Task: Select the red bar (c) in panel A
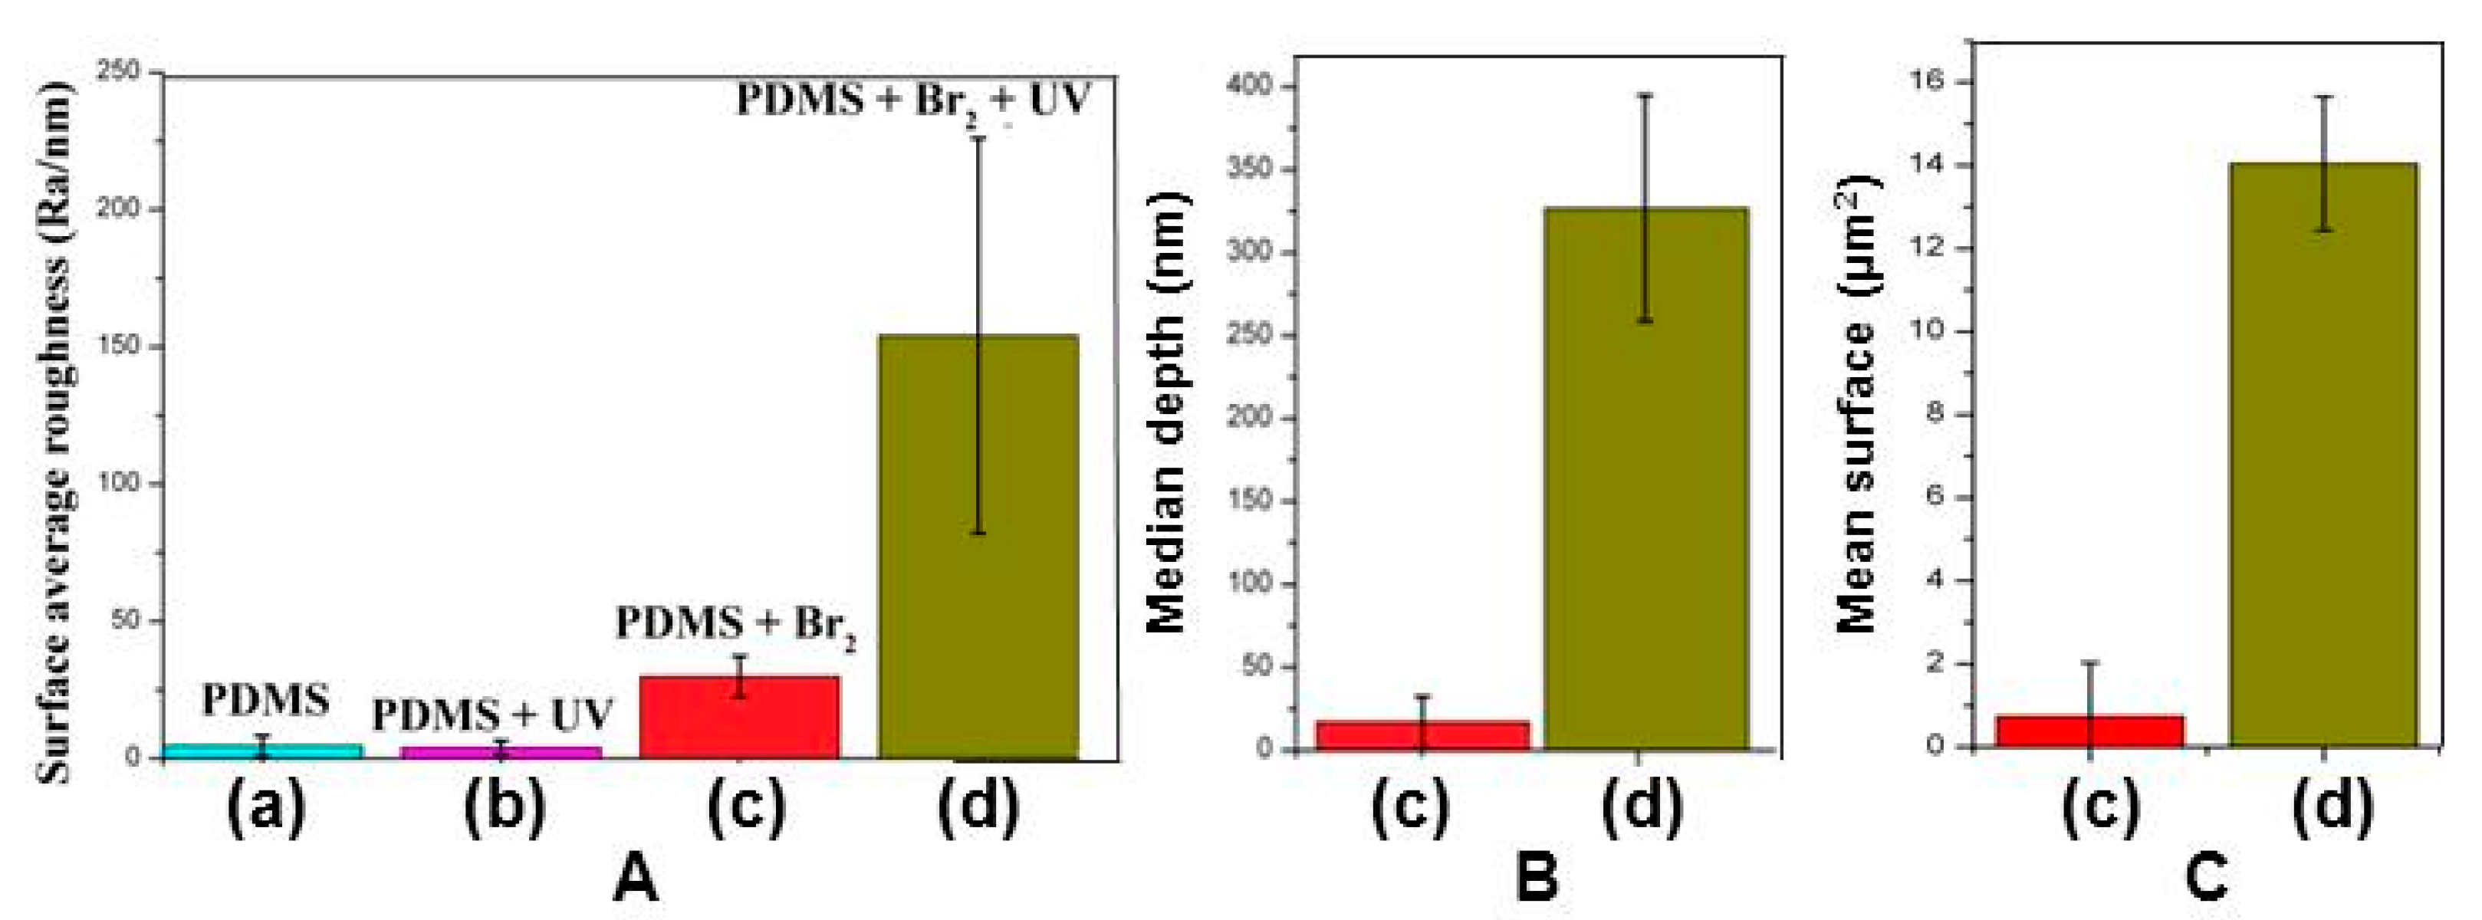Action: click(739, 717)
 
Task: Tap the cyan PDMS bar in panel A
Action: click(262, 751)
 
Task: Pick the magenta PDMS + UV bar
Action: click(501, 752)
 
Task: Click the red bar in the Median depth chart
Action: click(1422, 735)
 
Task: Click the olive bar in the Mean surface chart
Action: click(2324, 453)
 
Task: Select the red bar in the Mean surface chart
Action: click(2089, 730)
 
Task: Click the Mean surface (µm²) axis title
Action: click(1859, 405)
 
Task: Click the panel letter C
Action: click(2207, 879)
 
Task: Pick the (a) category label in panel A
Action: click(266, 807)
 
